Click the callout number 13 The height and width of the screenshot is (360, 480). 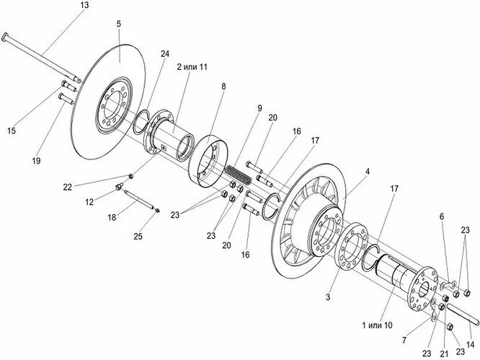tap(84, 6)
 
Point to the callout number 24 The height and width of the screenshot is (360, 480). tap(164, 54)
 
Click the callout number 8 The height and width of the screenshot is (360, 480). tap(223, 87)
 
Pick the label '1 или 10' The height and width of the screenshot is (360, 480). tap(377, 325)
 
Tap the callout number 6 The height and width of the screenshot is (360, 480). tap(442, 215)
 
